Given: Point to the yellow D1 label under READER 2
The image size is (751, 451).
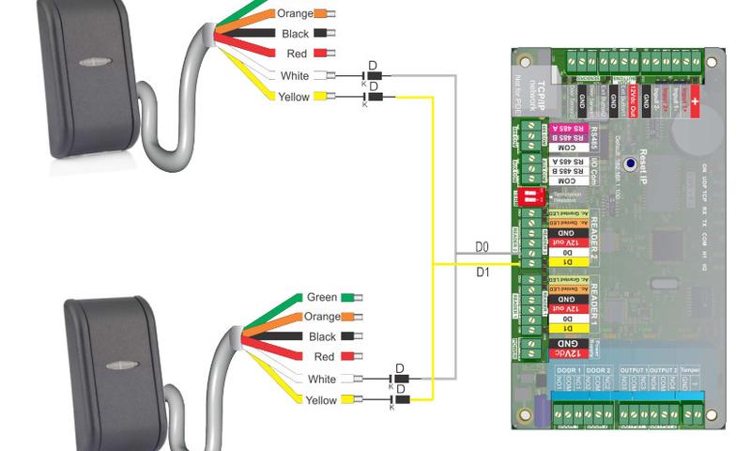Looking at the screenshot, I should [565, 260].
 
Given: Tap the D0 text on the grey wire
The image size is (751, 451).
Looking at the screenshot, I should [482, 247].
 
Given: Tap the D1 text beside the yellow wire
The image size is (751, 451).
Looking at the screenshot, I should [483, 272].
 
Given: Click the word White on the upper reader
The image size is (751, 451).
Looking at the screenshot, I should [294, 75].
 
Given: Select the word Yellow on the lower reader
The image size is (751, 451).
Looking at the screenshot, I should [321, 400].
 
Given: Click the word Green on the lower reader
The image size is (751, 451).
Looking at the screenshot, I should [322, 297].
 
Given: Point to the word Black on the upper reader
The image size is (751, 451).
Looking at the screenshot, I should [295, 34].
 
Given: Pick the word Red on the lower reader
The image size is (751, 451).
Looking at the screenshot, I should [325, 357].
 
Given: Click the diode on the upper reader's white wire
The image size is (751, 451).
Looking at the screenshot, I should [373, 75].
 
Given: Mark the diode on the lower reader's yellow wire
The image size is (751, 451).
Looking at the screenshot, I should [398, 400].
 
